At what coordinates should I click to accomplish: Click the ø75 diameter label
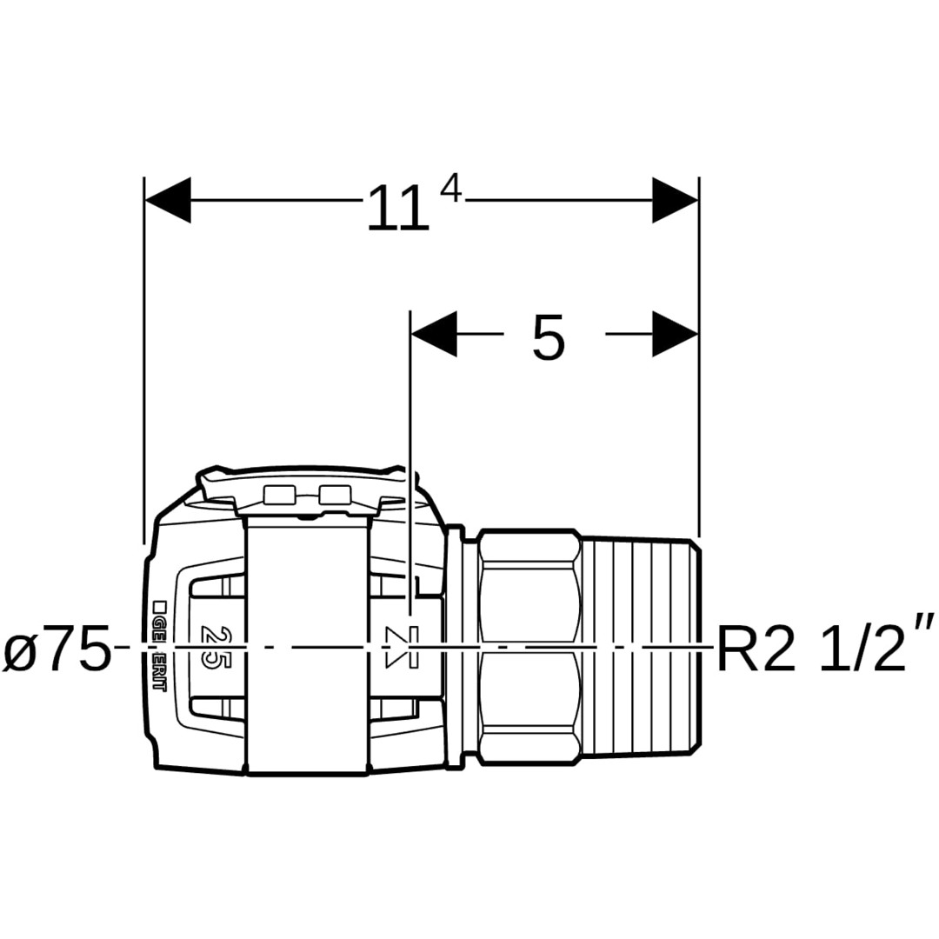(x=57, y=648)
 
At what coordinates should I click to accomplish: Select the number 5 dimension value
(x=548, y=337)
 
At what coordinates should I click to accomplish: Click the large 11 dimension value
(x=397, y=209)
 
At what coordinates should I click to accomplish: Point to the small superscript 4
(x=450, y=190)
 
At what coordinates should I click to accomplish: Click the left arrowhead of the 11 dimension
(x=169, y=200)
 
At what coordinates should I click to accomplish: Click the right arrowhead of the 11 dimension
(x=675, y=200)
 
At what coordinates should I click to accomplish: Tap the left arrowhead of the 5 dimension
(x=434, y=334)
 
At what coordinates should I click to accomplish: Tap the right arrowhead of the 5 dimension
(x=675, y=334)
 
